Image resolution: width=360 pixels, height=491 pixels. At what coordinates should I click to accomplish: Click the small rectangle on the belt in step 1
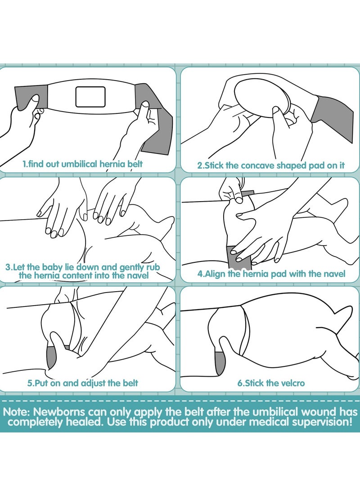pos(90,96)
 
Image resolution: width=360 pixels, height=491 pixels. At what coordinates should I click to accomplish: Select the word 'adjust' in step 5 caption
pos(93,383)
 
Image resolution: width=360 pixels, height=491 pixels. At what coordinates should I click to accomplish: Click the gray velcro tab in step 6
pos(220,362)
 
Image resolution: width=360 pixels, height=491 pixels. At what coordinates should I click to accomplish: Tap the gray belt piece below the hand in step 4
pos(239,257)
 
